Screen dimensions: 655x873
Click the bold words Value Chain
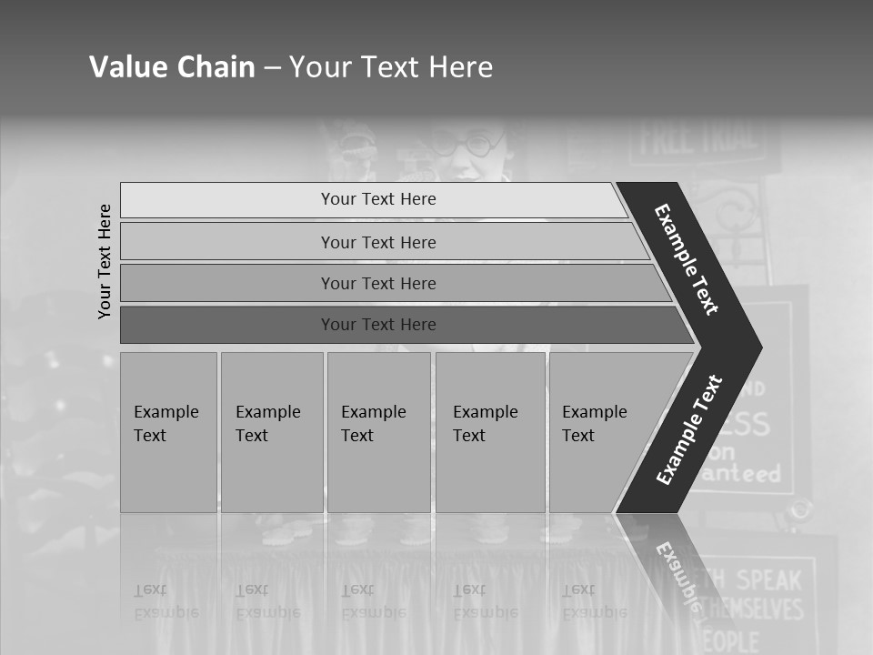pos(172,66)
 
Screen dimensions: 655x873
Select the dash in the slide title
pos(272,67)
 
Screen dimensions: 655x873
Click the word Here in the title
pos(460,66)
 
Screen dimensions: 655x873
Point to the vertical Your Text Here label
pos(105,261)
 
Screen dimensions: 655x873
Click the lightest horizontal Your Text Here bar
pos(377,199)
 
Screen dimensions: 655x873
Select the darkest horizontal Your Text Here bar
pos(377,325)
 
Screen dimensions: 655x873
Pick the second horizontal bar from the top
pos(377,242)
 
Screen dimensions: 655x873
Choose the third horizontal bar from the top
pos(377,283)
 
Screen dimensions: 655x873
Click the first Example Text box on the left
pos(168,432)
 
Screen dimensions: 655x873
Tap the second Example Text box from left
pos(271,432)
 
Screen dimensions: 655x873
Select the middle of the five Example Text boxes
pos(378,432)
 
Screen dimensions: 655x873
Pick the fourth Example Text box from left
pos(489,432)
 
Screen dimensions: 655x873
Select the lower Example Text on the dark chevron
pos(689,430)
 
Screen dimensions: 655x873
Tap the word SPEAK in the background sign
pos(768,579)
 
